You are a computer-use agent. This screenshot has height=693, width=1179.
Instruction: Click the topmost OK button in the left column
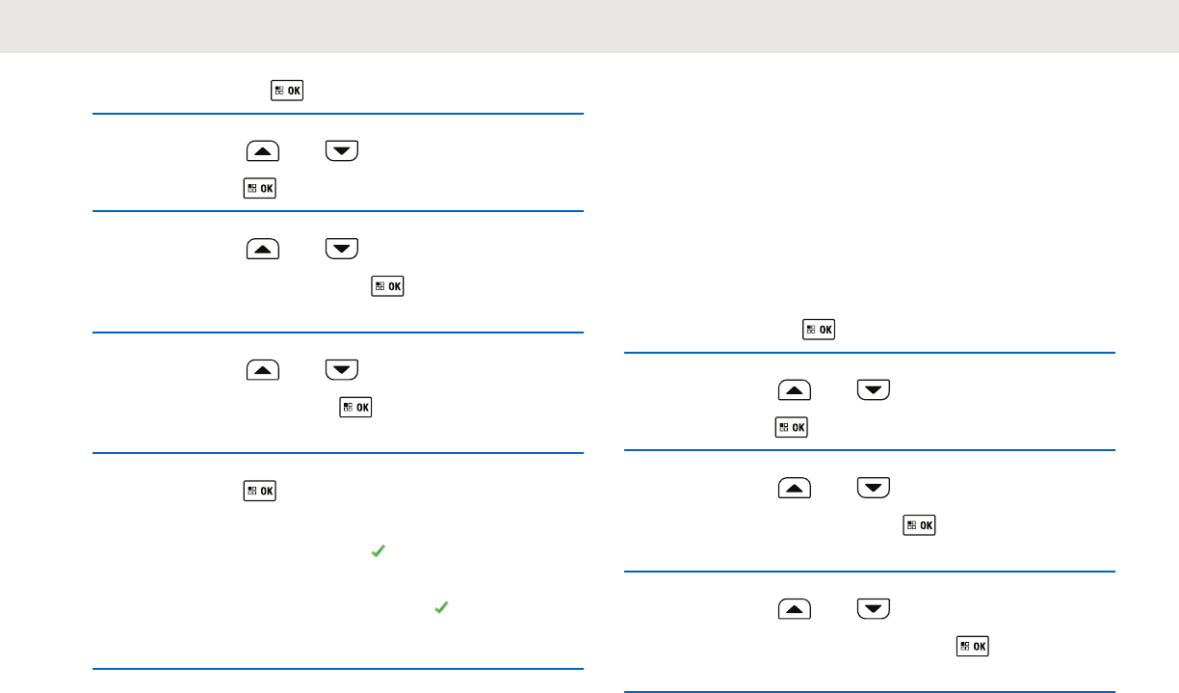287,92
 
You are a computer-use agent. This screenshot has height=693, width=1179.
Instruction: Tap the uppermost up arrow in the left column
263,151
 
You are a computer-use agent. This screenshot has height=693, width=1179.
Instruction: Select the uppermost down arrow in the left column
341,151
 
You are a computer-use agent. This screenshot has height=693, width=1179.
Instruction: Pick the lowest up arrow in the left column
263,369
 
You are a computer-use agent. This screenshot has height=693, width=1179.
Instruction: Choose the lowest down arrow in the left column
341,369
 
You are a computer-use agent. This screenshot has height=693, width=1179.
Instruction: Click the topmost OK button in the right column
819,330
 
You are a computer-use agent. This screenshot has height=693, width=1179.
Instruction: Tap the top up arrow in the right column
794,390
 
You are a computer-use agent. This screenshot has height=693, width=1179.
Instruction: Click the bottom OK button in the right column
972,646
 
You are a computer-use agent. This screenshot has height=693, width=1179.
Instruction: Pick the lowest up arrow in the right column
794,609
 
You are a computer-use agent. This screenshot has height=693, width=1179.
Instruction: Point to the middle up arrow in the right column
794,488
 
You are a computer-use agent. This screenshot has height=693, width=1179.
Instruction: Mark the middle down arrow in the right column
872,488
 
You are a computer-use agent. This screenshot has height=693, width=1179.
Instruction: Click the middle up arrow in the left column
263,249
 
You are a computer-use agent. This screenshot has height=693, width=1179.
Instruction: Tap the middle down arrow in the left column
341,249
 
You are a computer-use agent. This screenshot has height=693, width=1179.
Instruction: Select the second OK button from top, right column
791,426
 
